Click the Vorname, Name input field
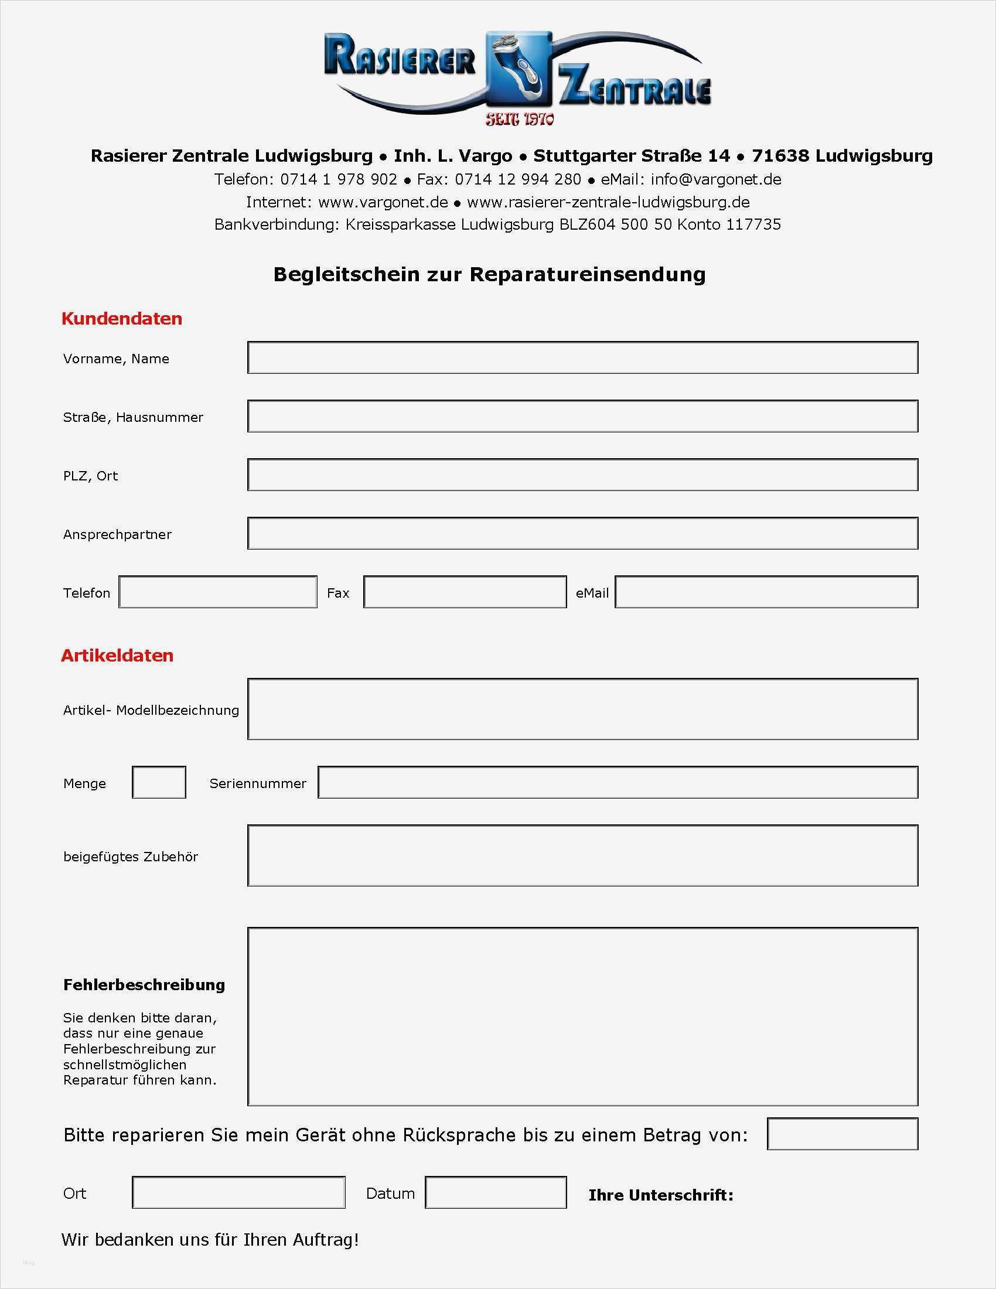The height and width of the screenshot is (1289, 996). [582, 357]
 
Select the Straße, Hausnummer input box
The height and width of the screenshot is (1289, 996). [582, 416]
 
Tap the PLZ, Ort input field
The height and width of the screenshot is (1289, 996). [582, 475]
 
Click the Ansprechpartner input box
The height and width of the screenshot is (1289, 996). [582, 533]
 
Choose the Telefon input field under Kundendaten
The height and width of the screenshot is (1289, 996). [218, 592]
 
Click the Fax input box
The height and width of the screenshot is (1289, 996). [465, 592]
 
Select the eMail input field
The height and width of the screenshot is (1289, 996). [766, 592]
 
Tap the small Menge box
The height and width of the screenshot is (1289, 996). [159, 783]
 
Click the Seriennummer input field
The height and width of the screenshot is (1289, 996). [618, 783]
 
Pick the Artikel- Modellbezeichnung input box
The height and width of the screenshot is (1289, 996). [582, 709]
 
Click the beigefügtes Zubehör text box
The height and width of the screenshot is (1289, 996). [582, 856]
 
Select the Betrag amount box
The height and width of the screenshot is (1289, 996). [842, 1134]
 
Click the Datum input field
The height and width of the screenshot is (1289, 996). [496, 1193]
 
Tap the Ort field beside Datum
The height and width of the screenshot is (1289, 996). [238, 1193]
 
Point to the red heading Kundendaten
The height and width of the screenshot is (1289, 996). [121, 319]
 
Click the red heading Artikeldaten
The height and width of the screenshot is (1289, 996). [117, 656]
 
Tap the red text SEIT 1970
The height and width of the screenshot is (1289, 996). [520, 120]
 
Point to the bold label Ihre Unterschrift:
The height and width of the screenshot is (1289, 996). [661, 1195]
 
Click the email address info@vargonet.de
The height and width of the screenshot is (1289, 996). [716, 179]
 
